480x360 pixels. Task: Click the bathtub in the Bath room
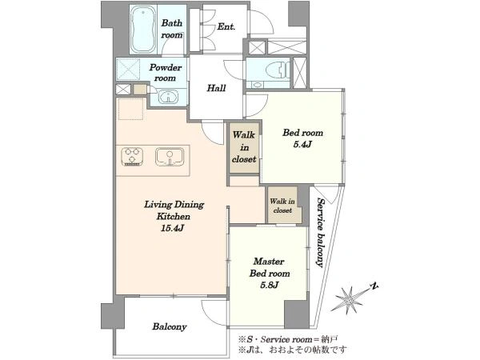click(x=143, y=30)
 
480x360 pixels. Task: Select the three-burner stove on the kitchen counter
click(x=132, y=157)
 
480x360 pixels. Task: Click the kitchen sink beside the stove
click(x=170, y=157)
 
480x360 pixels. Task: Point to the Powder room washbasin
click(x=168, y=97)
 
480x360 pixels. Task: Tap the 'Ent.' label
click(x=226, y=27)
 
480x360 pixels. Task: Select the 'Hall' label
click(x=216, y=88)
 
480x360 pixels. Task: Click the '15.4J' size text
click(x=171, y=228)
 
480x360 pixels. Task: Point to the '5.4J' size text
click(x=302, y=145)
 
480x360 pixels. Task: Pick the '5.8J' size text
click(x=269, y=286)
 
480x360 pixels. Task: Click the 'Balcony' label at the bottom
click(x=170, y=326)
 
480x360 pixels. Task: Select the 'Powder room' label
click(x=166, y=73)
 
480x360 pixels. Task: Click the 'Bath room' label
click(x=172, y=29)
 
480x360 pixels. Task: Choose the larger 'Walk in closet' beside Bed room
click(x=244, y=147)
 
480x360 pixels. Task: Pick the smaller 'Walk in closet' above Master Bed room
click(x=282, y=206)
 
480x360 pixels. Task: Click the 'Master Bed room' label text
click(x=270, y=267)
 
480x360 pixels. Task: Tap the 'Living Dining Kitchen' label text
click(x=174, y=210)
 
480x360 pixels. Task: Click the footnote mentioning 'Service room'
click(x=288, y=339)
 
